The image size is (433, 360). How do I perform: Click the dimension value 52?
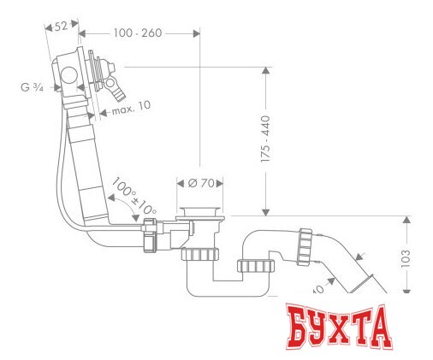61,27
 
